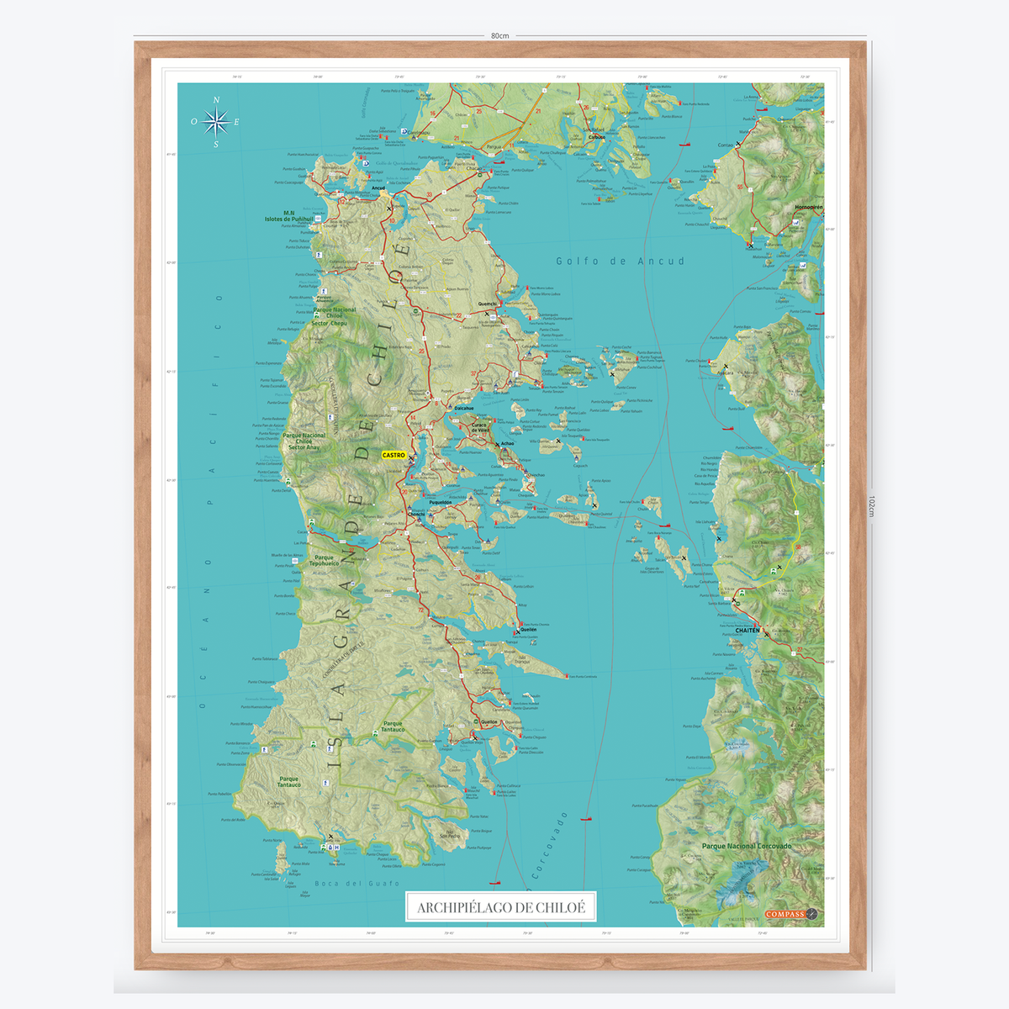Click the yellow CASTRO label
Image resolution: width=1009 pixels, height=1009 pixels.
pyautogui.click(x=394, y=455)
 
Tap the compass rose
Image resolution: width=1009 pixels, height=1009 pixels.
pyautogui.click(x=216, y=122)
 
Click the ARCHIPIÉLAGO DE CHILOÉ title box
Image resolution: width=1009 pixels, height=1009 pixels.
pyautogui.click(x=500, y=907)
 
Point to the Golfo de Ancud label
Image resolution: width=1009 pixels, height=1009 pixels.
pyautogui.click(x=620, y=261)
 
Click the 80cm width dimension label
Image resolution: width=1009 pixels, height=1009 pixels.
pyautogui.click(x=500, y=36)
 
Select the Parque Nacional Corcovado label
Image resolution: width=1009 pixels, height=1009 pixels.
pyautogui.click(x=746, y=846)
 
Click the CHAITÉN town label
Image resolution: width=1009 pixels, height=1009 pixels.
pyautogui.click(x=747, y=630)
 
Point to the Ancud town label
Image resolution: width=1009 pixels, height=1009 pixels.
pyautogui.click(x=378, y=188)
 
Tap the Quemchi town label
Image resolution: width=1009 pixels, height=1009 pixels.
pyautogui.click(x=487, y=304)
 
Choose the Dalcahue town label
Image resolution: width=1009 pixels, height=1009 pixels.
pyautogui.click(x=463, y=409)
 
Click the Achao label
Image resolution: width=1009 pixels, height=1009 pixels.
pyautogui.click(x=507, y=444)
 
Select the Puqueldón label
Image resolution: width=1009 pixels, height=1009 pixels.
pyautogui.click(x=440, y=503)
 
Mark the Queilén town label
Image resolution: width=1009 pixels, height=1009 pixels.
pyautogui.click(x=528, y=629)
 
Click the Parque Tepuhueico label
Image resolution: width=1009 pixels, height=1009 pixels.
pyautogui.click(x=324, y=560)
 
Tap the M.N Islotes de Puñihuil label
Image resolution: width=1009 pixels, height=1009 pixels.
pyautogui.click(x=288, y=216)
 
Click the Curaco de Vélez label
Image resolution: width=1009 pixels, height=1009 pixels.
pyautogui.click(x=479, y=428)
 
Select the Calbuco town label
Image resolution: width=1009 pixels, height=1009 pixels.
pyautogui.click(x=596, y=137)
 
